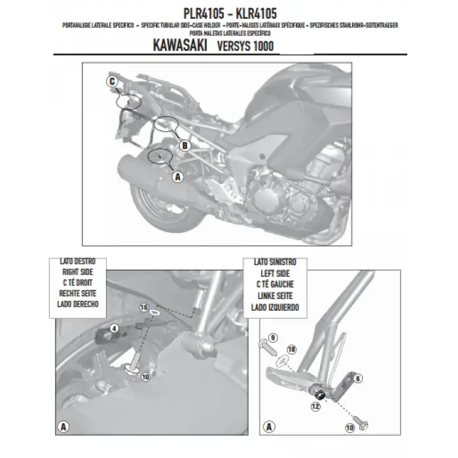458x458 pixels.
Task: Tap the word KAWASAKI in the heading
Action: [x=183, y=48]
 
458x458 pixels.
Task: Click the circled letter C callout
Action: [x=112, y=81]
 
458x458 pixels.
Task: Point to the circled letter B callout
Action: [x=184, y=145]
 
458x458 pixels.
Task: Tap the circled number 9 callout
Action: [x=273, y=339]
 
